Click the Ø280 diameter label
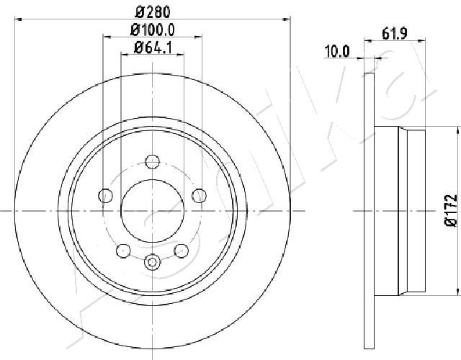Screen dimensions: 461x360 coord(153,12)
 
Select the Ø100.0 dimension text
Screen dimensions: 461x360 coord(153,30)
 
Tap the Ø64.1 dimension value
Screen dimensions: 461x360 coord(153,48)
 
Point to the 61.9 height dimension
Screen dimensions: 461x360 coord(395,34)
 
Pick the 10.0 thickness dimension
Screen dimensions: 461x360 coord(337,52)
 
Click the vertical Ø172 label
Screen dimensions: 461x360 coord(450,210)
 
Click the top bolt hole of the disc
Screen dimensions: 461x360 coord(153,161)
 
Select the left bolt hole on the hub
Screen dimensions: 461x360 coord(105,195)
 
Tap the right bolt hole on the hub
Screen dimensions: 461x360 coord(200,195)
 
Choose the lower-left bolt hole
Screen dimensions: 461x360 coord(123,251)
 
